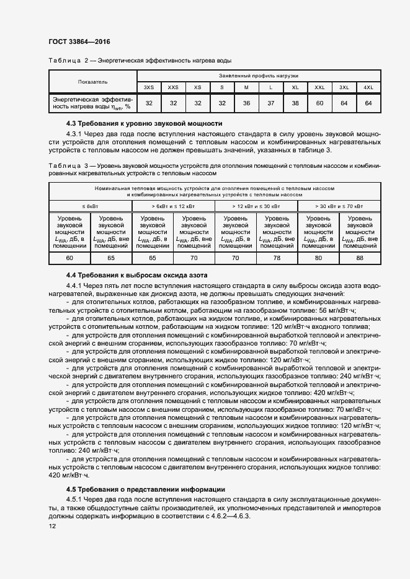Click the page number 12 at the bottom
tap(52, 526)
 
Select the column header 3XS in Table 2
tap(149, 87)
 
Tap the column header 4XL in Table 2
tap(368, 87)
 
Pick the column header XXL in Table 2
tap(319, 87)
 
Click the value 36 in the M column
tap(246, 103)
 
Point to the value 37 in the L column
tap(270, 103)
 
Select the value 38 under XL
tap(295, 103)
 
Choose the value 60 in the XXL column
tap(319, 103)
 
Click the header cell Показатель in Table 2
tap(92, 81)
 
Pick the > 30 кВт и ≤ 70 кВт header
tap(339, 205)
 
